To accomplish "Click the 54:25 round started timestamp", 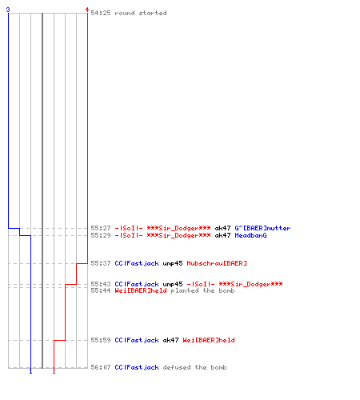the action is tap(101, 13).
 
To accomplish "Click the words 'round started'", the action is tap(141, 13).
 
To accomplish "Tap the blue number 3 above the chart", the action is tap(8, 10).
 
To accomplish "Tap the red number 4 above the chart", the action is tap(87, 10).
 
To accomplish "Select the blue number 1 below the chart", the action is tap(30, 371).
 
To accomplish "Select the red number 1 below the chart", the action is tap(54, 371).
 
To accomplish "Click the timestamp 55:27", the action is tap(101, 228).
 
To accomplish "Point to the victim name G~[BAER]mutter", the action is tap(262, 228).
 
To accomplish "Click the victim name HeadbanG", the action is tap(250, 235).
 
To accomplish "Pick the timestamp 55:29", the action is tap(101, 235).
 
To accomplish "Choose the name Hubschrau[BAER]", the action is tap(217, 263).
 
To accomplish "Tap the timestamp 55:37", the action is tap(101, 263).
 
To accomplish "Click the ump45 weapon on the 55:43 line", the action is tap(173, 284).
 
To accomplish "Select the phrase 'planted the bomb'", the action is tap(202, 290).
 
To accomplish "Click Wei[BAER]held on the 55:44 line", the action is tap(141, 290).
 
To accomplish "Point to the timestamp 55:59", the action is tap(101, 340).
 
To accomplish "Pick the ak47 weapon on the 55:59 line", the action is tap(170, 340).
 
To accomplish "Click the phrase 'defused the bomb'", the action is tap(194, 367).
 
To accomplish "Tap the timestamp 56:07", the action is tap(101, 367).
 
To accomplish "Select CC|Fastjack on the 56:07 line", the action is tap(137, 367).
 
